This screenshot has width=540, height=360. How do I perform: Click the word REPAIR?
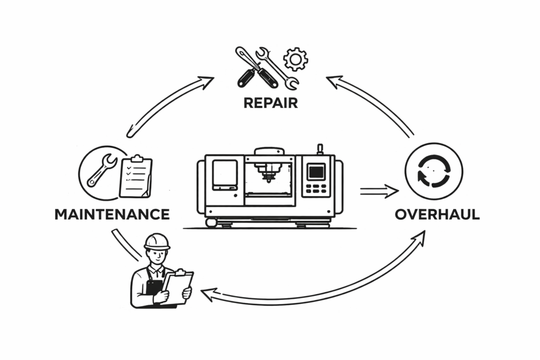click(271, 102)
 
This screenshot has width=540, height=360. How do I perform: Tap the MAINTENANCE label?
click(112, 215)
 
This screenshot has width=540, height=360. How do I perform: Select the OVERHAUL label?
click(437, 215)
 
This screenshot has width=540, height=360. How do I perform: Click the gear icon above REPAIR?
click(295, 59)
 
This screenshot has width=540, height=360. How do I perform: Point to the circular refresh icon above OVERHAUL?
click(433, 172)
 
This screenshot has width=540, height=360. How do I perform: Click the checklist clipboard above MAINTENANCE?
click(136, 177)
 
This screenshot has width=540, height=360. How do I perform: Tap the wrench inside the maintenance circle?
click(102, 170)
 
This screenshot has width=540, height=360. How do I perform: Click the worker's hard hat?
click(157, 241)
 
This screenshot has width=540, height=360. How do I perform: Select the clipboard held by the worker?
click(178, 287)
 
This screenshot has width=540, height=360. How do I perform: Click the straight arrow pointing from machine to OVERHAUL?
click(379, 191)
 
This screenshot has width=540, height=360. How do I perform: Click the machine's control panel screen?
click(316, 172)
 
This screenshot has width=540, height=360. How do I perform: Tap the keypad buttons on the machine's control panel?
click(316, 189)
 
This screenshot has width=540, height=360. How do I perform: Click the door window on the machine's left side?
click(225, 174)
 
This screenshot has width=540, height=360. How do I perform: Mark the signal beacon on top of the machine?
click(320, 149)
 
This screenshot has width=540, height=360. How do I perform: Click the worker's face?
click(157, 257)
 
